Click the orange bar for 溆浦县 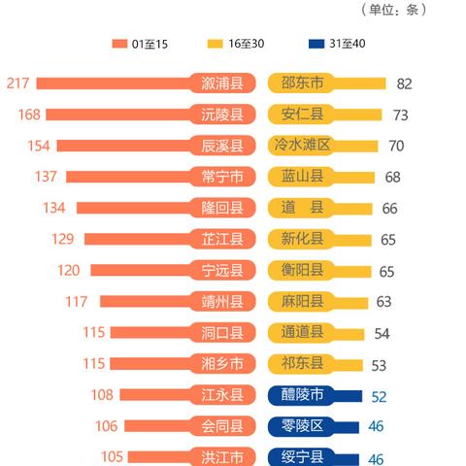(x=116, y=83)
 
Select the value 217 (x=17, y=83)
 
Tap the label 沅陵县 (x=222, y=115)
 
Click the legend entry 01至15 (x=146, y=44)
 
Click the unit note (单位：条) (x=392, y=10)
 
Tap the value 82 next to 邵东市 (x=404, y=84)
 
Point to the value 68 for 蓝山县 (x=392, y=178)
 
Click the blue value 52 (x=380, y=396)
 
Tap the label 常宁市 (x=222, y=177)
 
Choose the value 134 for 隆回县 (x=54, y=208)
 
